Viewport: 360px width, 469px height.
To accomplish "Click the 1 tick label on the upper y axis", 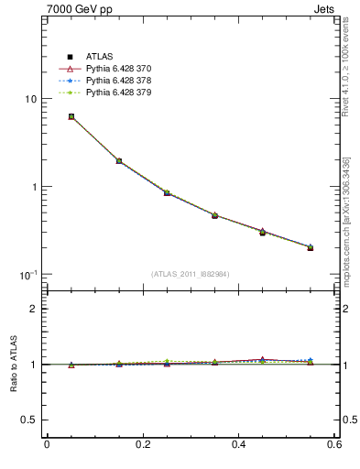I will tap(33, 187).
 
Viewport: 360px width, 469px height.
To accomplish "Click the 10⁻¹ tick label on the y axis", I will tap(28, 275).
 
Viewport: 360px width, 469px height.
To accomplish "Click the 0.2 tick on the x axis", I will tap(142, 444).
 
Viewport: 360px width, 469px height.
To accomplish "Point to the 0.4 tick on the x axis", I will tap(239, 444).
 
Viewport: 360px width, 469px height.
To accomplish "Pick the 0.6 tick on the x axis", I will tap(334, 444).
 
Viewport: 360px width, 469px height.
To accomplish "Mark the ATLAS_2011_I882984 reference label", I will tap(191, 274).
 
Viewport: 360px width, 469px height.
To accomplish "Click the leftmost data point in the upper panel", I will tap(71, 116).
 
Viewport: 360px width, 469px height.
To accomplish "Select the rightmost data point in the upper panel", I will tap(311, 247).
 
